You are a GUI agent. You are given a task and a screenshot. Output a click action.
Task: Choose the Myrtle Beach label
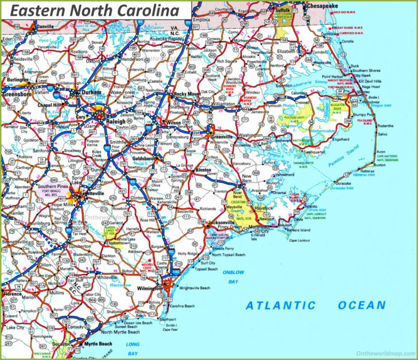tap(98, 343)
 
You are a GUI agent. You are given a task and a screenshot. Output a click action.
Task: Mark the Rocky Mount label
tap(188, 94)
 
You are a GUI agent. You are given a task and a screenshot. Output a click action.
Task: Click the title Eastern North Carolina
tap(95, 10)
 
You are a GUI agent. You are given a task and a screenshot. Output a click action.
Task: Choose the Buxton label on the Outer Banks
tap(380, 164)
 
